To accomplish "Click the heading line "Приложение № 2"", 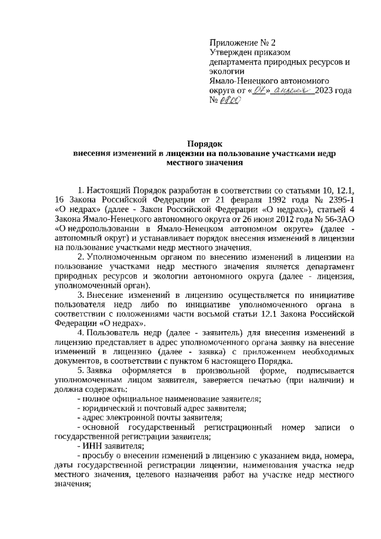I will pos(242,43).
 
